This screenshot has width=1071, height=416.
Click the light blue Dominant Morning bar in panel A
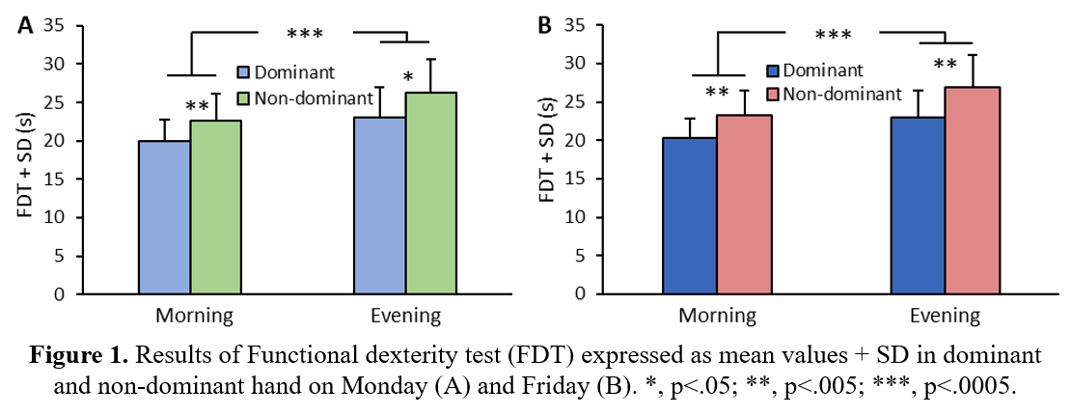(x=164, y=217)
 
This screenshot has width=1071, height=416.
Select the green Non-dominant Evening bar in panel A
(x=430, y=193)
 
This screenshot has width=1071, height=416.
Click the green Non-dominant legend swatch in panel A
(x=245, y=98)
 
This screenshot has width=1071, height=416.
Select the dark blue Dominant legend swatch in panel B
(x=773, y=70)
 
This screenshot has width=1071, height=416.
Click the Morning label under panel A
(x=193, y=316)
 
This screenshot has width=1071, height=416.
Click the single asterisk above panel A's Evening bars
(x=408, y=77)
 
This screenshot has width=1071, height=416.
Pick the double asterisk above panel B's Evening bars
(x=945, y=66)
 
